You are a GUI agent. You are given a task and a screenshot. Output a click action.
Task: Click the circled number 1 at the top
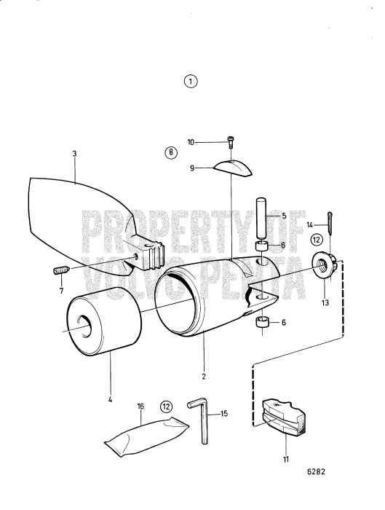(191, 82)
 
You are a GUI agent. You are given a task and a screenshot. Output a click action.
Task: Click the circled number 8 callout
(170, 152)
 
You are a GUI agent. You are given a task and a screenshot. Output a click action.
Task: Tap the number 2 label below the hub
(205, 376)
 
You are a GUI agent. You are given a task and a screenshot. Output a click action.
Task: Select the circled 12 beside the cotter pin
(317, 238)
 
